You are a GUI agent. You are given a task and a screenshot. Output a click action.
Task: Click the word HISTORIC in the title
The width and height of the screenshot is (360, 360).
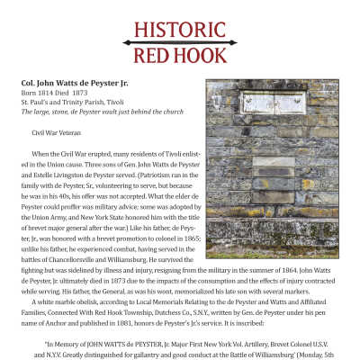click(x=180, y=29)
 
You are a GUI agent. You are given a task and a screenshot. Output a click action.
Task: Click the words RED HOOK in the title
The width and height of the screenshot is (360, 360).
click(x=180, y=57)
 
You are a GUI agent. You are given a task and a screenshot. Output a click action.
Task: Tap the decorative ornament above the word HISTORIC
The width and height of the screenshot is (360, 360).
click(x=180, y=12)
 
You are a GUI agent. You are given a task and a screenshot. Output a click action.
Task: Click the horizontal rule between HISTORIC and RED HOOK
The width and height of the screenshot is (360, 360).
click(x=180, y=42)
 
